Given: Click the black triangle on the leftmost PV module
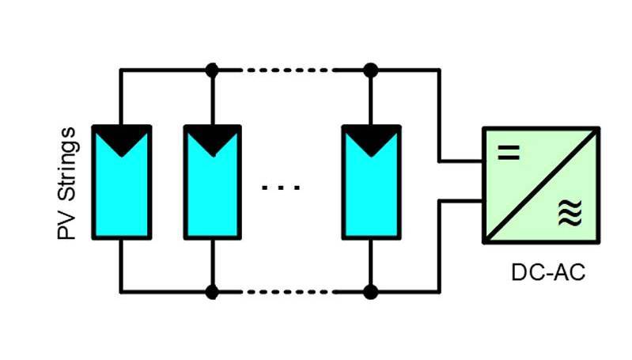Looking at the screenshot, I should click(121, 138).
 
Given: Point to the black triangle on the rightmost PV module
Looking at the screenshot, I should click(370, 138).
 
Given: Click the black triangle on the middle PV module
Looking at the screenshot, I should click(212, 138).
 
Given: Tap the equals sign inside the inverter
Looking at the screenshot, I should click(509, 153).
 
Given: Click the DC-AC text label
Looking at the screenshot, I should click(547, 274).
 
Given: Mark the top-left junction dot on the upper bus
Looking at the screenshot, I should click(212, 70).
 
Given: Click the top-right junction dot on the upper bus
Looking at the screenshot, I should click(370, 70).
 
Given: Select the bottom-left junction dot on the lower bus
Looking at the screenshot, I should click(212, 292).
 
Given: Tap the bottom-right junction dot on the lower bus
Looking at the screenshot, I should click(370, 292).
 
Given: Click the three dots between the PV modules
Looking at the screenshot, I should click(281, 188).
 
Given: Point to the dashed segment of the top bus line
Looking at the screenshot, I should click(289, 70).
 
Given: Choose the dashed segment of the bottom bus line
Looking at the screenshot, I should click(289, 292).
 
